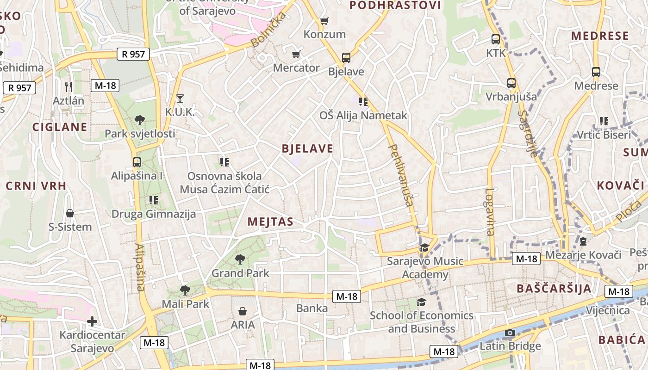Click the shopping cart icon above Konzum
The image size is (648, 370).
(x=324, y=21)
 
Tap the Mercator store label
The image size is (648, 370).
(x=296, y=68)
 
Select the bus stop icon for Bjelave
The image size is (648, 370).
(x=346, y=58)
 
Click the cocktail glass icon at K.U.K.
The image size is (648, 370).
(x=180, y=98)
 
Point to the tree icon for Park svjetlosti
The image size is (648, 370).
(x=140, y=120)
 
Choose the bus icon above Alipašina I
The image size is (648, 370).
(x=137, y=162)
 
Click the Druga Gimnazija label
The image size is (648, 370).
(x=154, y=214)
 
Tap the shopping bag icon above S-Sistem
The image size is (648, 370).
(x=70, y=213)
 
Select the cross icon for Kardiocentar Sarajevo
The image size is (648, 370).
(x=92, y=321)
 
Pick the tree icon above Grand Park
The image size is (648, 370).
(x=240, y=259)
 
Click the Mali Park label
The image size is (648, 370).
(x=185, y=304)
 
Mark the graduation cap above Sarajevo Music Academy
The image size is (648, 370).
(x=424, y=248)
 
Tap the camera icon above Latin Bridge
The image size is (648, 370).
(x=510, y=333)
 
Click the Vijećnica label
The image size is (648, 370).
(x=608, y=310)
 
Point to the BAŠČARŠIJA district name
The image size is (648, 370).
(x=554, y=289)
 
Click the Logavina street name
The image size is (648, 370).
(x=490, y=212)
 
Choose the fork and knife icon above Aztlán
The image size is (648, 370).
(x=69, y=86)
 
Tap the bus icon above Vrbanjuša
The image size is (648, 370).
(x=511, y=83)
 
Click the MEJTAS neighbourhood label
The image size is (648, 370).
(x=270, y=222)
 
